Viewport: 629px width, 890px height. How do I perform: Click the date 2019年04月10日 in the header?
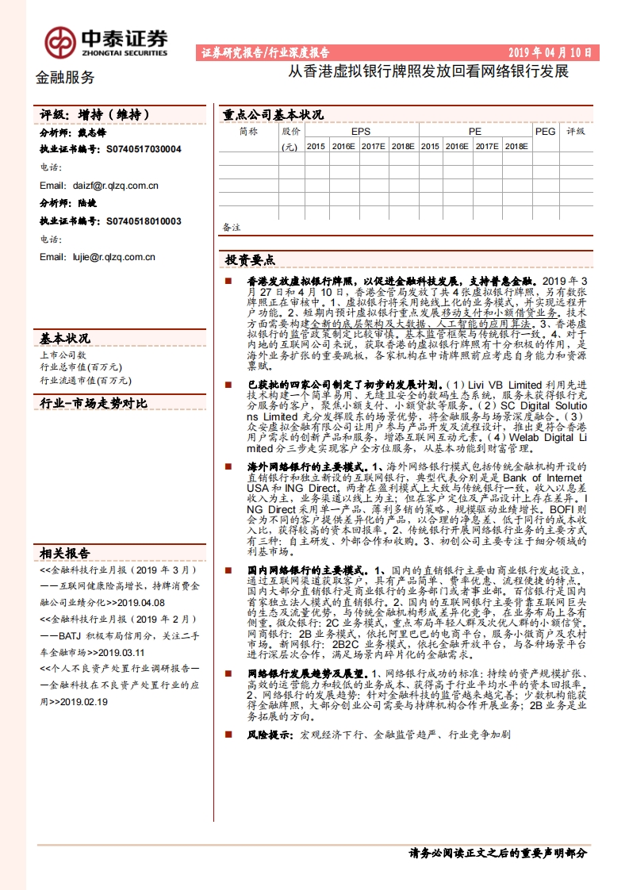point(550,53)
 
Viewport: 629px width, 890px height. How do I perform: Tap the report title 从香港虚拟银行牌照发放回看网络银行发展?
point(428,71)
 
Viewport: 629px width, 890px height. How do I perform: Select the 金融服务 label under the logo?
point(66,78)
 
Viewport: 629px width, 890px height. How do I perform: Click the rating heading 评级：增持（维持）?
point(94,115)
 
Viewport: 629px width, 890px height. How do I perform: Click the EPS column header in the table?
point(361,132)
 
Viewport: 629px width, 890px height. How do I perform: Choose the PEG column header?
point(545,132)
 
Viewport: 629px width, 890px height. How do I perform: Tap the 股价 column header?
point(291,132)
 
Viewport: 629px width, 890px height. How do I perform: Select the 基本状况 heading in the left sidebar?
point(65,339)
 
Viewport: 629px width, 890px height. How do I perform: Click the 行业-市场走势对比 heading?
point(94,404)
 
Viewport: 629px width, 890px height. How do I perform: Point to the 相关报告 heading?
point(65,554)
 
